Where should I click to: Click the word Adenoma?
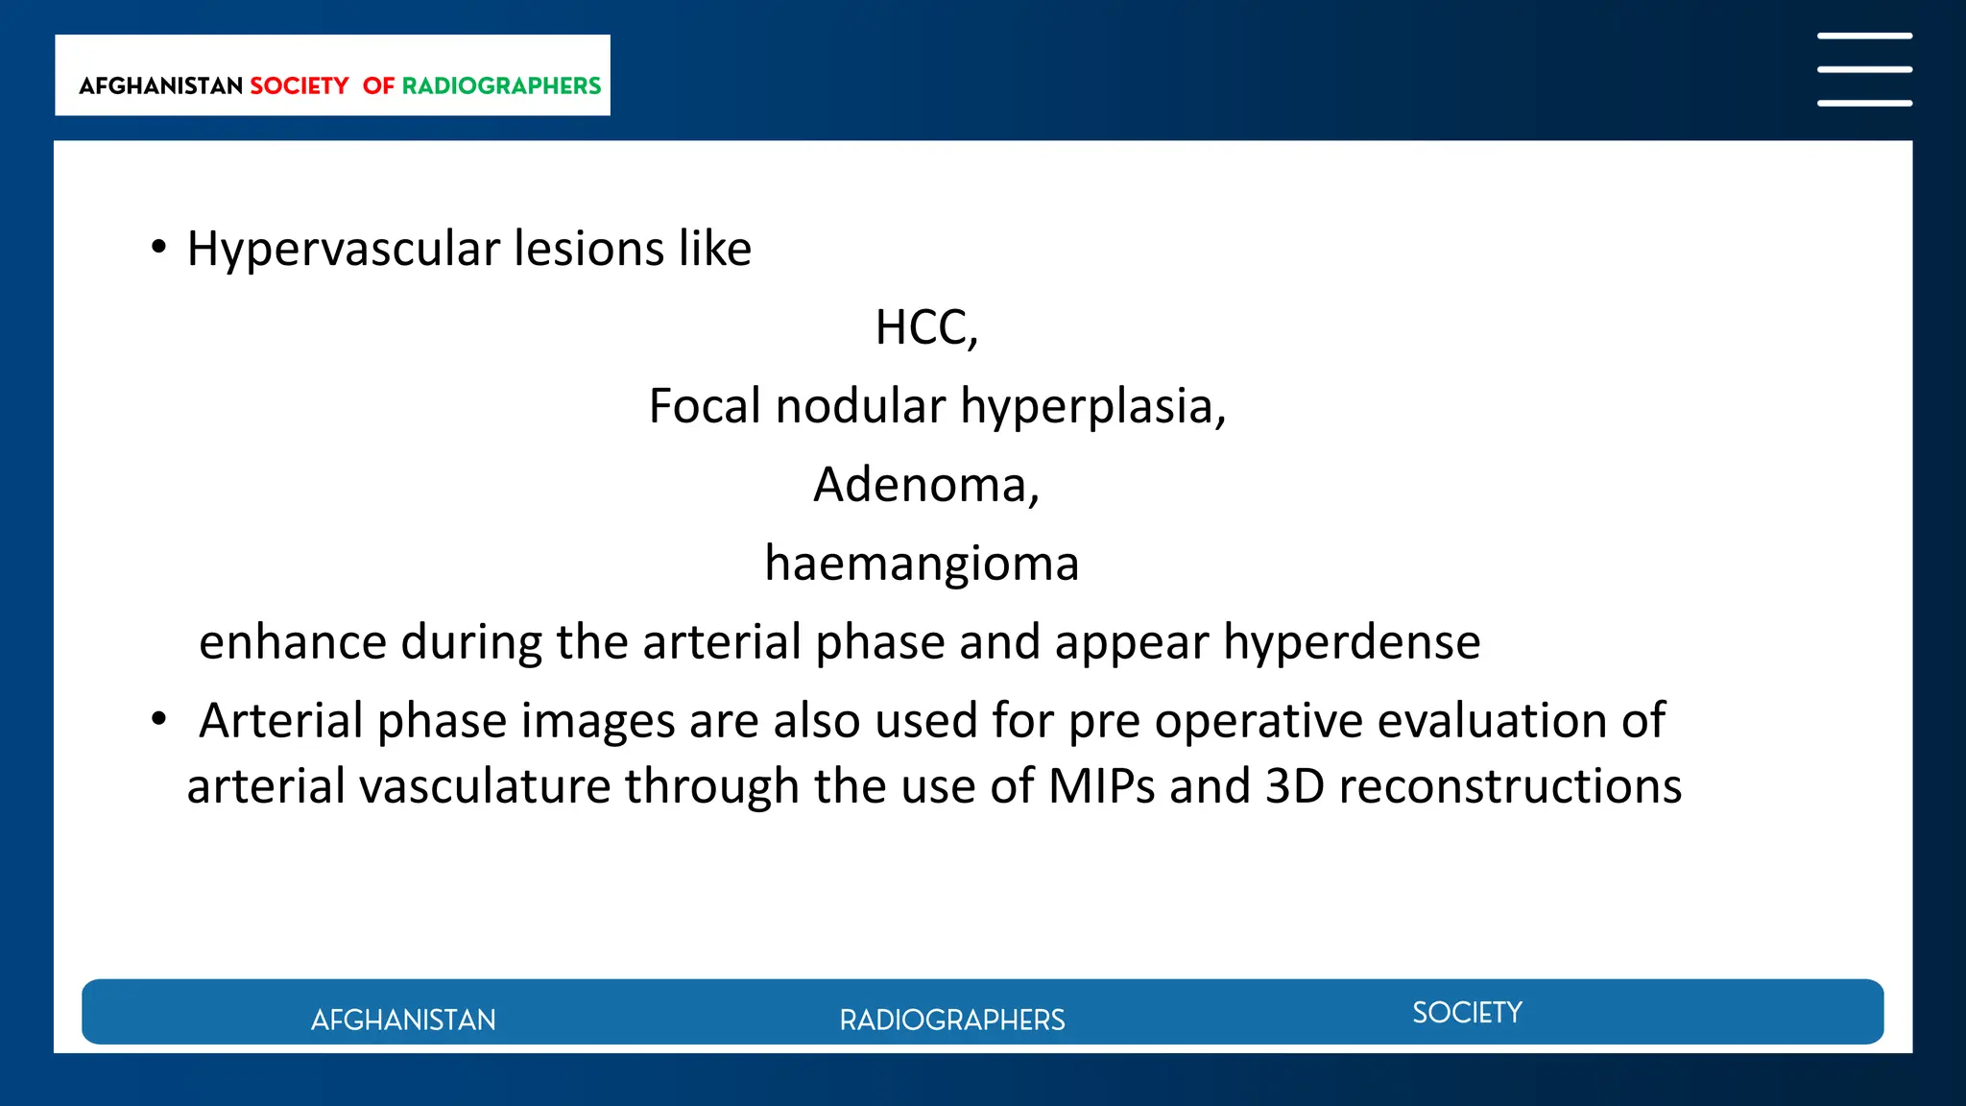[920, 484]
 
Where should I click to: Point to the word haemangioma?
[922, 564]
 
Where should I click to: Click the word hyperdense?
[1351, 641]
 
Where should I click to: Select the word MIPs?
[1101, 785]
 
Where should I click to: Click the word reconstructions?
[1510, 785]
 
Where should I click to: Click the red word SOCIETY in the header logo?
[299, 86]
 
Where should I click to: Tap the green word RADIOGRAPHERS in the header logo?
[500, 86]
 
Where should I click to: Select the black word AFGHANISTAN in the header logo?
[160, 86]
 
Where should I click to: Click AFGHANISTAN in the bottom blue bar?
[403, 1020]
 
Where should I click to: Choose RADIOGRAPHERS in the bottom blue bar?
[951, 1020]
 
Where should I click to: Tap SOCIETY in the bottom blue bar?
[1467, 1013]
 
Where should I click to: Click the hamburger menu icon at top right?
[1863, 69]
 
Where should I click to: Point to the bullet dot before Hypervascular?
[159, 248]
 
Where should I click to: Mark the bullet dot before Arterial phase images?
[159, 718]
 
